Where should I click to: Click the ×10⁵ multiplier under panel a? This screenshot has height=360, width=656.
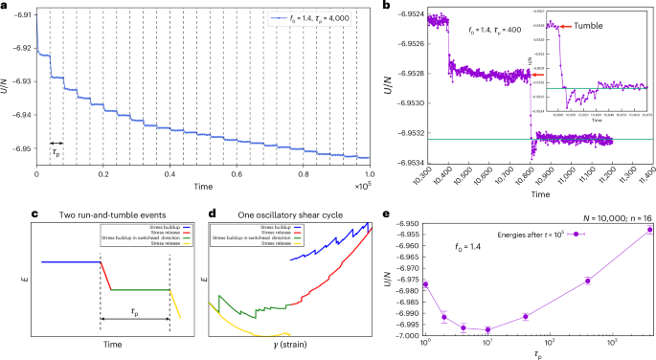tap(361, 185)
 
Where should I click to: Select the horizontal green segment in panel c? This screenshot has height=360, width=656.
tap(140, 289)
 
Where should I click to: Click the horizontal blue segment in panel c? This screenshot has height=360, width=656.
tap(70, 261)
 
